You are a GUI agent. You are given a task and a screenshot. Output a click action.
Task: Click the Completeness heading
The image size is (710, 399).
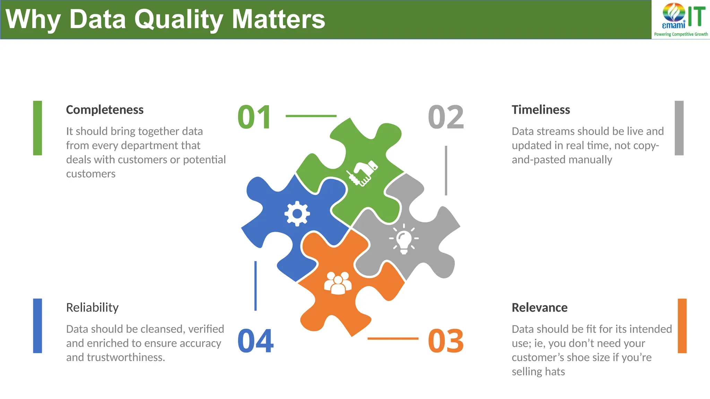click(105, 110)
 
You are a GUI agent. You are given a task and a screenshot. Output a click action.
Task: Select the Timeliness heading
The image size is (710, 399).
click(540, 110)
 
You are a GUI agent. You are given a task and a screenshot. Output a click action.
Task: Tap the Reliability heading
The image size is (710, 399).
click(92, 308)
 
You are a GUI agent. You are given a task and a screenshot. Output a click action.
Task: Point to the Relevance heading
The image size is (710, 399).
click(539, 308)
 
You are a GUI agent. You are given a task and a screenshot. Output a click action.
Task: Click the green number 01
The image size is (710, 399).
click(254, 117)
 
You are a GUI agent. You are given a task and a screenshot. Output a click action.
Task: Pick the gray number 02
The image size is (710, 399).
click(446, 117)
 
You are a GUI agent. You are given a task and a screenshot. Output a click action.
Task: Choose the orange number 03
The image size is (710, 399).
click(446, 341)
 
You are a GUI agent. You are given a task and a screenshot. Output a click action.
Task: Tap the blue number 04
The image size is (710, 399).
click(256, 341)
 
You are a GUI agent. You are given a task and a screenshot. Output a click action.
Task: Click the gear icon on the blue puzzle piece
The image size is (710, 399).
click(297, 214)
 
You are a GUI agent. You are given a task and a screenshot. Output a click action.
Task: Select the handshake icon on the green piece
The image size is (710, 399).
click(362, 173)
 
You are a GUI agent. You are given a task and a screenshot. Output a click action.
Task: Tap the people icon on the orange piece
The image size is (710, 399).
click(338, 283)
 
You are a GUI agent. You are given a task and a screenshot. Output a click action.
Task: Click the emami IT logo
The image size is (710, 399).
click(681, 19)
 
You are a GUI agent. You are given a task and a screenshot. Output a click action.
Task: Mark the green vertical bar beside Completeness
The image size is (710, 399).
click(37, 128)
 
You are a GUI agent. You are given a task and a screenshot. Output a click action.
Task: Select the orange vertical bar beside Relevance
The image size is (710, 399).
click(682, 326)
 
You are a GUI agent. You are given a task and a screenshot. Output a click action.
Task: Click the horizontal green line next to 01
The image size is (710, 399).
click(311, 116)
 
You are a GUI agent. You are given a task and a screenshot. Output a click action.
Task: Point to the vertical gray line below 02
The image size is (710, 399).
click(446, 170)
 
